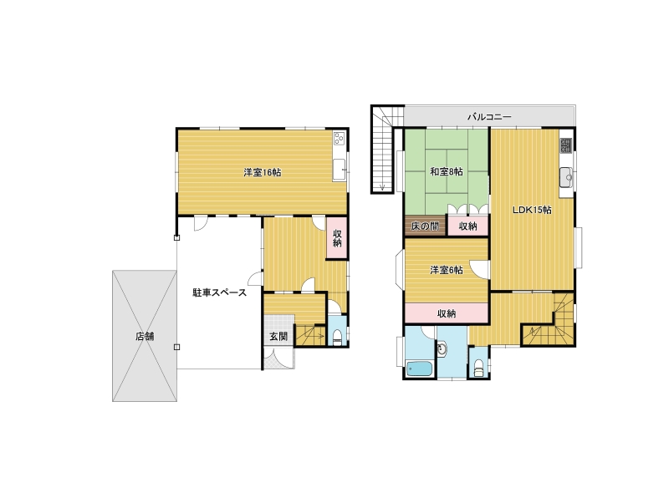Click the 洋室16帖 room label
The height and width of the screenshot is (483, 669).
click(262, 173)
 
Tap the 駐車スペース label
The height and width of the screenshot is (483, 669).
click(219, 292)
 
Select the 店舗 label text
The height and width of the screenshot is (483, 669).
click(145, 337)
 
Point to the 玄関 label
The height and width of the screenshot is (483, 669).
click(278, 337)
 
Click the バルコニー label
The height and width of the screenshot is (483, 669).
click(489, 116)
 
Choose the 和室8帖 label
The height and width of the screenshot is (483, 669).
click(447, 172)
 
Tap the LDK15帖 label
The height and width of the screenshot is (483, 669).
click(532, 210)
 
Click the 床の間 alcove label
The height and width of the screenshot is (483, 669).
click(425, 226)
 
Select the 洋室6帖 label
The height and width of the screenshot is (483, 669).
click(447, 270)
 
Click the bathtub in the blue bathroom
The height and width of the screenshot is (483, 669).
click(420, 369)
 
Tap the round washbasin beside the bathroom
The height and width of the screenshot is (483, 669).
click(442, 349)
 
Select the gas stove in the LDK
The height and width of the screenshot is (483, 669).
click(566, 145)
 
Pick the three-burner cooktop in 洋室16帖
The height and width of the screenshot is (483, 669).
click(340, 138)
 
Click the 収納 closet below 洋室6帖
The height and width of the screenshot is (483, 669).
click(447, 313)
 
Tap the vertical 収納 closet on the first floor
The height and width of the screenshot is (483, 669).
click(337, 238)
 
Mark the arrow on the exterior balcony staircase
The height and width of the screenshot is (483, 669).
click(382, 186)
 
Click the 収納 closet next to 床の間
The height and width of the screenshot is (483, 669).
click(467, 226)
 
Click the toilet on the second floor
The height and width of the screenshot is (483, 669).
click(478, 368)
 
